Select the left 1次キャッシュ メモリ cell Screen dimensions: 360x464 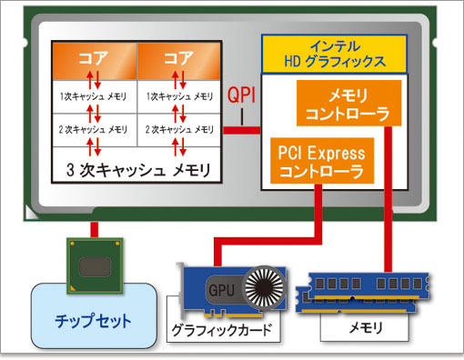point(94,94)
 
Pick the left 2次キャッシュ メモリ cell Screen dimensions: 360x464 point(94,131)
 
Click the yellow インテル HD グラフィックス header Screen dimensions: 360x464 point(334,55)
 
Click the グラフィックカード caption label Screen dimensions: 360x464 point(221,328)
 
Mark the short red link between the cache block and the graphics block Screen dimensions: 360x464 point(242,132)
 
